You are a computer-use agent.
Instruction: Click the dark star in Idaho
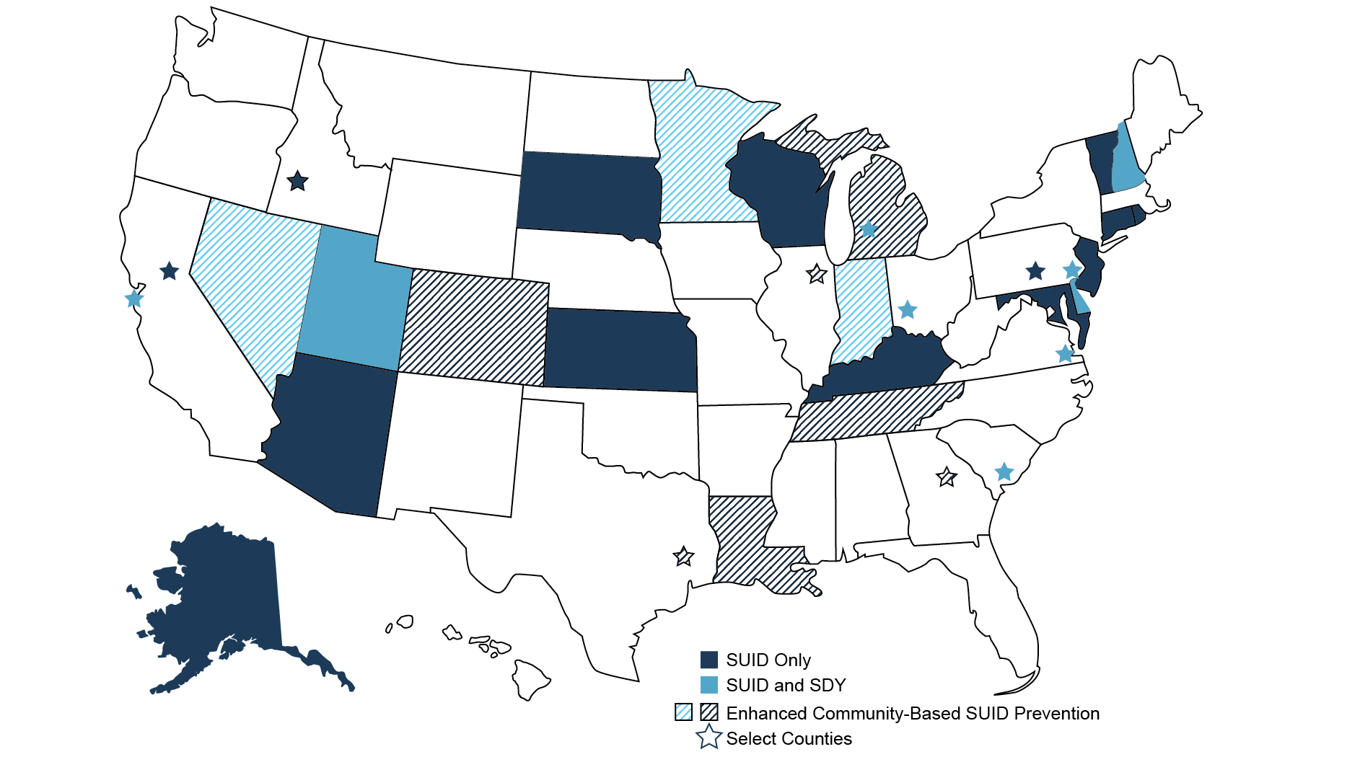click(x=297, y=181)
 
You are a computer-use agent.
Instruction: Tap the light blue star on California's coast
click(x=133, y=298)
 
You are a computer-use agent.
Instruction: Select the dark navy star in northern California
click(x=169, y=271)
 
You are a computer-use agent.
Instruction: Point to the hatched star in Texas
click(x=683, y=556)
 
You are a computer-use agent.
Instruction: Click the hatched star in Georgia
click(x=946, y=477)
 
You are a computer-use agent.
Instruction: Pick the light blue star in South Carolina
click(x=1004, y=472)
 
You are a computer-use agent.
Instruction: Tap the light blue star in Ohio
click(x=907, y=310)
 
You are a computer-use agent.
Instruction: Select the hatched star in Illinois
click(x=816, y=274)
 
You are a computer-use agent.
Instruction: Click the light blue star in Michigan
click(x=869, y=229)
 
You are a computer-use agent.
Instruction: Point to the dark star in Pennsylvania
click(x=1035, y=271)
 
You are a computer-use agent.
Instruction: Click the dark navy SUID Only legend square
click(x=709, y=660)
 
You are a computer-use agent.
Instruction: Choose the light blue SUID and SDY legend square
click(x=709, y=685)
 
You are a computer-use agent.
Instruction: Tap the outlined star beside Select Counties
click(x=709, y=737)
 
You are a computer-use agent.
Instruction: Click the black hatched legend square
click(x=709, y=712)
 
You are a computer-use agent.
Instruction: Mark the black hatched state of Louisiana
click(x=743, y=541)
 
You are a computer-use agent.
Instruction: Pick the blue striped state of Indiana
click(x=861, y=310)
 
